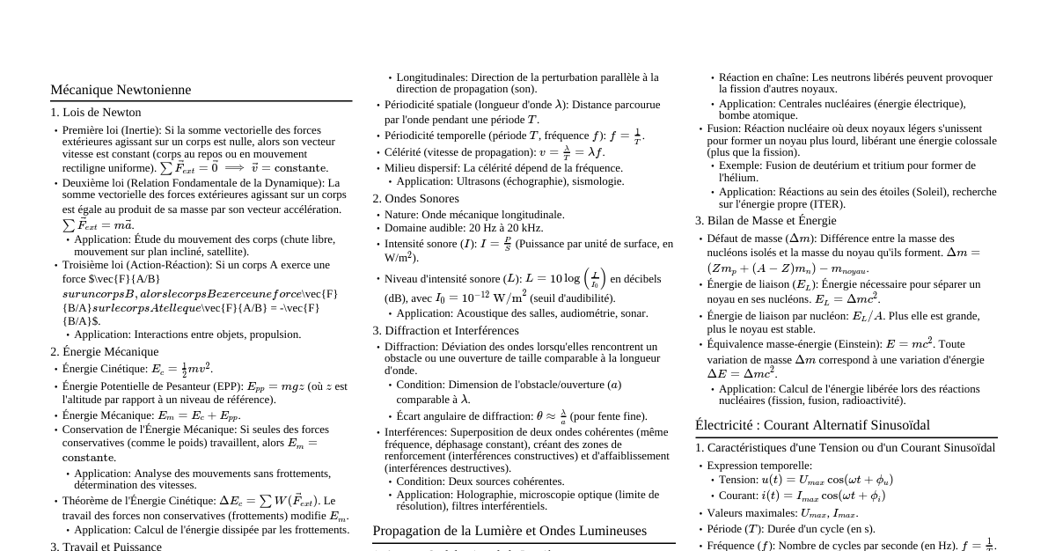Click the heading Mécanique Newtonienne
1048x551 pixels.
pos(121,90)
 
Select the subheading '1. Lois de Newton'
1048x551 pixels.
pos(95,113)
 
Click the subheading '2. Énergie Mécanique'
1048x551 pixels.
pos(105,351)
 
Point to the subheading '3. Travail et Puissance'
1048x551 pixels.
pos(106,547)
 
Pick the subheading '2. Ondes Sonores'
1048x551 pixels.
pos(415,199)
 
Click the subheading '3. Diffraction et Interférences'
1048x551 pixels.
pos(446,331)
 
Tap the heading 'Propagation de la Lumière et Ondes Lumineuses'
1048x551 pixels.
pos(509,531)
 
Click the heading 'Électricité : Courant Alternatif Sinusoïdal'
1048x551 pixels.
pos(812,425)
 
